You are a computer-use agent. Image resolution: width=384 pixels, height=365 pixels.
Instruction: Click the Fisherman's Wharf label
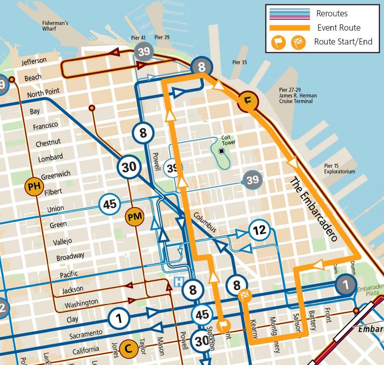55,26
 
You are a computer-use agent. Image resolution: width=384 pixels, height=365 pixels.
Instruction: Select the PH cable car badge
34,186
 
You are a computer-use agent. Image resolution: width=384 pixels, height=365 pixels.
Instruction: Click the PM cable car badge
135,217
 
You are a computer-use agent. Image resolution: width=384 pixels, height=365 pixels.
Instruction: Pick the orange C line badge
128,349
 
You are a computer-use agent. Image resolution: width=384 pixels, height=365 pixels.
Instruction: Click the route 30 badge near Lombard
129,167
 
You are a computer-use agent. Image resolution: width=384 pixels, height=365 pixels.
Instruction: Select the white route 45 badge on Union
110,204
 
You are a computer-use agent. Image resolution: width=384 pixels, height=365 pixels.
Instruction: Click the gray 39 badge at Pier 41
144,51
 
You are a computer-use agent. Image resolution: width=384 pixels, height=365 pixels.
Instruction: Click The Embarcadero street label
314,210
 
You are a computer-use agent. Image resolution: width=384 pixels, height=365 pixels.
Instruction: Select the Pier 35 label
239,62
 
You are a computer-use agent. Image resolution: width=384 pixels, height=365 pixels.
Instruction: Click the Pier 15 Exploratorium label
339,169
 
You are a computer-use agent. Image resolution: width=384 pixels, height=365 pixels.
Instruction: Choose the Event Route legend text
339,28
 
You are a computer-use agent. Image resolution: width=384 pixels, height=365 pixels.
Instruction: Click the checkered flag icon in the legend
298,42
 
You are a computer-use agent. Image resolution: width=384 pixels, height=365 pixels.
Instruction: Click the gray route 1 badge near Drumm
345,284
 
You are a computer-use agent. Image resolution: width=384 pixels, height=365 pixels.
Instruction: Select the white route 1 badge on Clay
119,318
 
